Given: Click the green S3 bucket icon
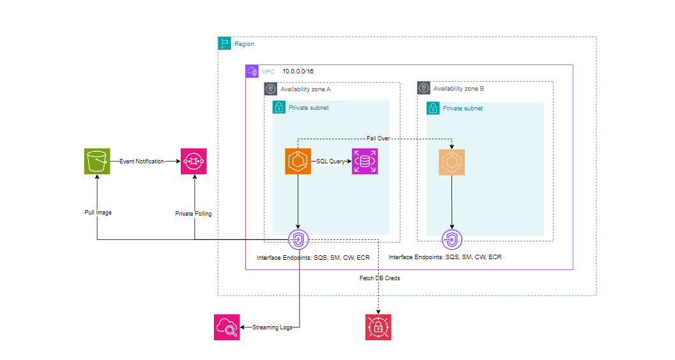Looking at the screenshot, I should [x=97, y=161].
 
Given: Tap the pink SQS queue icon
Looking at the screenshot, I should [x=194, y=161].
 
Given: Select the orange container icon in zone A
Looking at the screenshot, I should [x=298, y=161].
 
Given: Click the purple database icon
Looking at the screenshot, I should [x=365, y=161].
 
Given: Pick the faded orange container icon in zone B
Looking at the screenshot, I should [x=451, y=162].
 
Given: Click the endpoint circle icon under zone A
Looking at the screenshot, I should [x=298, y=240].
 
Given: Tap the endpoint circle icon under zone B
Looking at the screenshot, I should [x=451, y=240].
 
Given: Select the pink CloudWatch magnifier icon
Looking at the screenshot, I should [x=227, y=327].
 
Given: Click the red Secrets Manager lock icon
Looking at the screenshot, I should [x=378, y=327].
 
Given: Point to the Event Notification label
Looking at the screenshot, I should [x=141, y=161].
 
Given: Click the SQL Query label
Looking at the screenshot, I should [x=330, y=161].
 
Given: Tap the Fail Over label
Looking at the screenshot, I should [x=378, y=138].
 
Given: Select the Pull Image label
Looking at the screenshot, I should [x=98, y=213].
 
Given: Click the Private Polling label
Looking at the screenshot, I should [x=193, y=214].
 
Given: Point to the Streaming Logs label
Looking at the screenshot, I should [x=273, y=327].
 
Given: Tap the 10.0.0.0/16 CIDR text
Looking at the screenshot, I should [x=298, y=71].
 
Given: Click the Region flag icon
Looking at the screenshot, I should [x=225, y=43].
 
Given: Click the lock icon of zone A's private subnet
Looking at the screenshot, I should [x=279, y=108].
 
